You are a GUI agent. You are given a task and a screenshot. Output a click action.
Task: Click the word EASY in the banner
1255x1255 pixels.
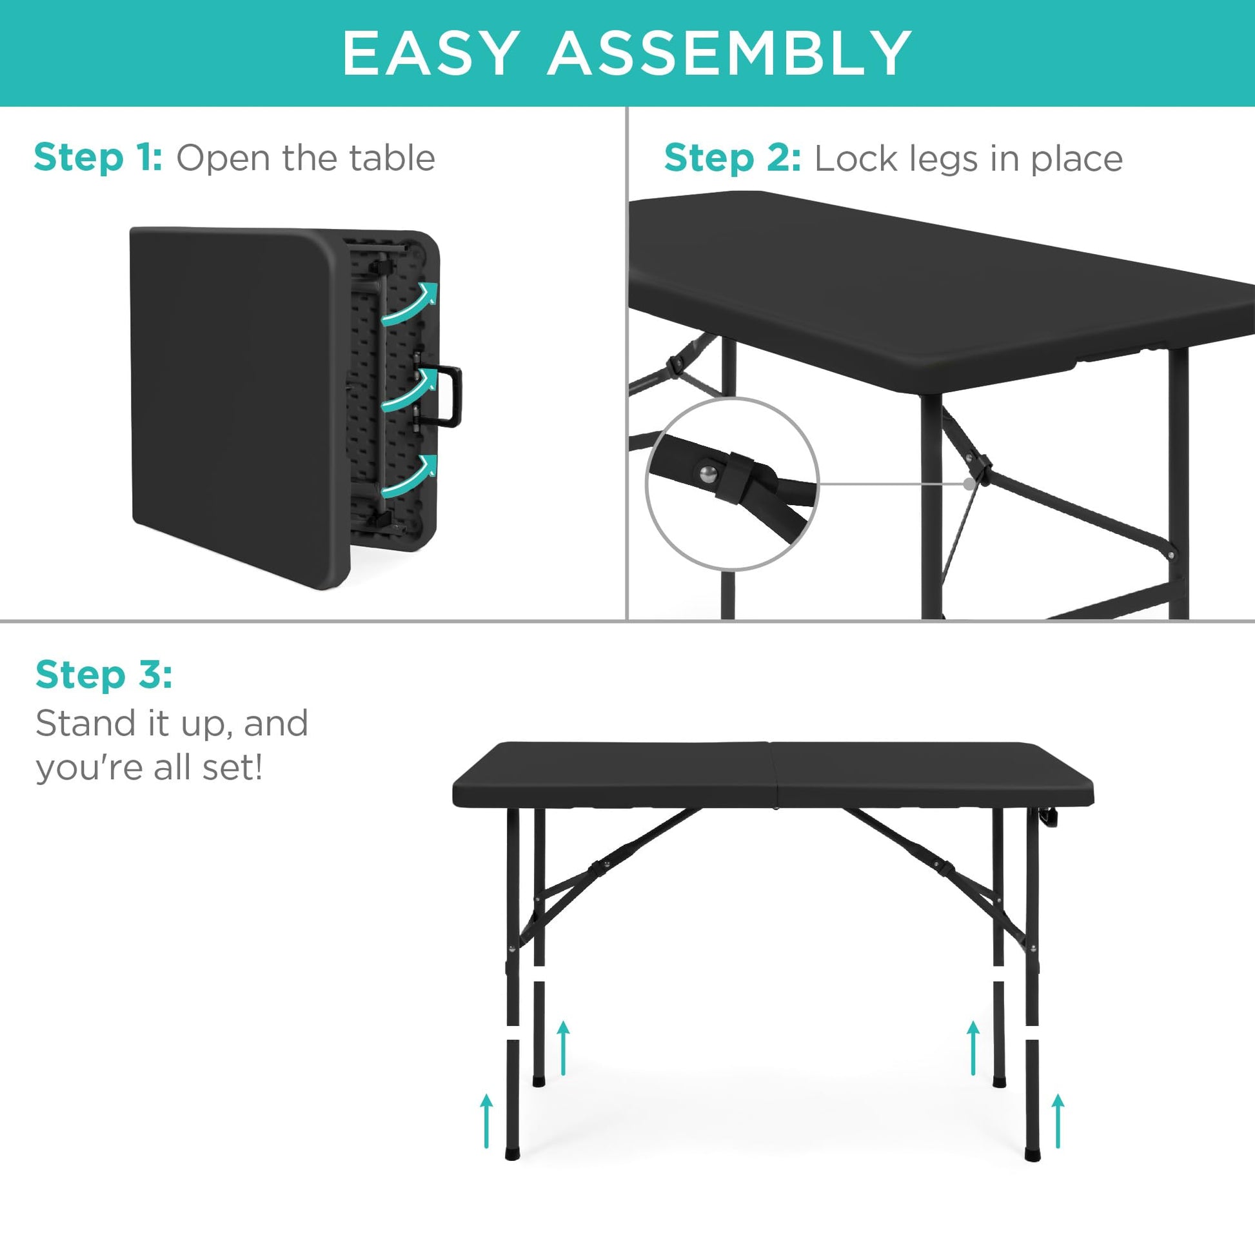tap(430, 54)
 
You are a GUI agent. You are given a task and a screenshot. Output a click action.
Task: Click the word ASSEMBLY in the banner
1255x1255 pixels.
tap(729, 54)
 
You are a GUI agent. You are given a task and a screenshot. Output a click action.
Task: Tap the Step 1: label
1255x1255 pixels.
tap(98, 158)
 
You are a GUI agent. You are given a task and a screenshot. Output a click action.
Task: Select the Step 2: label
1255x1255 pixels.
tap(733, 159)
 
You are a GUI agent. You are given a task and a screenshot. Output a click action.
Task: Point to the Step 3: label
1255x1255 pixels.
tap(104, 675)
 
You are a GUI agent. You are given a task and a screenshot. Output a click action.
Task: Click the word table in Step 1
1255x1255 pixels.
tap(391, 158)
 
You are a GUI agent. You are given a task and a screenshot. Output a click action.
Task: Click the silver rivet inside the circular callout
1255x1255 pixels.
tap(708, 474)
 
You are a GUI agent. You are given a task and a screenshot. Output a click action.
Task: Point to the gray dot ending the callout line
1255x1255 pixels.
tap(969, 484)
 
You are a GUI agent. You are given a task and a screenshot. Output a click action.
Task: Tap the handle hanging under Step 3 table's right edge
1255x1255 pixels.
tap(1047, 818)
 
